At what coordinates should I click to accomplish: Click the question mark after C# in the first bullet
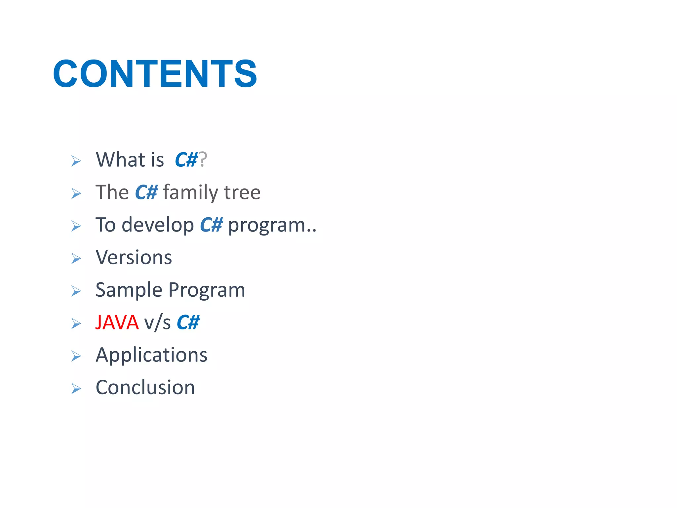point(203,160)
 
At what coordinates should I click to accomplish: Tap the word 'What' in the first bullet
point(120,160)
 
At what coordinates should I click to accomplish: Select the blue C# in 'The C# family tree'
point(146,192)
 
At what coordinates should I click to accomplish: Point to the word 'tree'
point(242,192)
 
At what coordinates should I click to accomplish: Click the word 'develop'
point(158,225)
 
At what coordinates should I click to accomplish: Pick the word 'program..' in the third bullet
point(272,225)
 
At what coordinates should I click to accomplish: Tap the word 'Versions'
point(134,257)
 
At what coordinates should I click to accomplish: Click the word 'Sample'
point(129,290)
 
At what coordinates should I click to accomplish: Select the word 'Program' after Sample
point(207,290)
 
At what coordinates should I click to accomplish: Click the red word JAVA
point(117,322)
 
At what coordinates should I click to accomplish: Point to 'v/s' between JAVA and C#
point(157,322)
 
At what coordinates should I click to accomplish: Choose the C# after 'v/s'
point(188,322)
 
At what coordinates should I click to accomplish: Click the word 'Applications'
point(151,355)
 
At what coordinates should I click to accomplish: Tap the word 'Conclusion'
point(145,387)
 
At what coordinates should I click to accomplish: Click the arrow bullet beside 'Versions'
point(76,258)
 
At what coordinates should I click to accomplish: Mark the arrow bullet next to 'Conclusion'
point(76,389)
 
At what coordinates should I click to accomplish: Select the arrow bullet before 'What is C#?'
point(76,161)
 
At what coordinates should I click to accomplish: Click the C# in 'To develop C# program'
point(211,225)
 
